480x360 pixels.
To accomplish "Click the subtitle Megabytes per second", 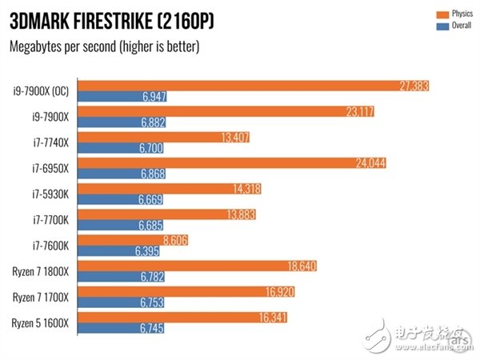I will point(104,46).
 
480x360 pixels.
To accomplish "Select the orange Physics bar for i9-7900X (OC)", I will point(254,86).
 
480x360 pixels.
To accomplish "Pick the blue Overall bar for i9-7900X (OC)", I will point(123,97).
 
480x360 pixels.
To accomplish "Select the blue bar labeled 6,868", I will point(123,174).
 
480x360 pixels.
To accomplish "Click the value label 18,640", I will point(301,266).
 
